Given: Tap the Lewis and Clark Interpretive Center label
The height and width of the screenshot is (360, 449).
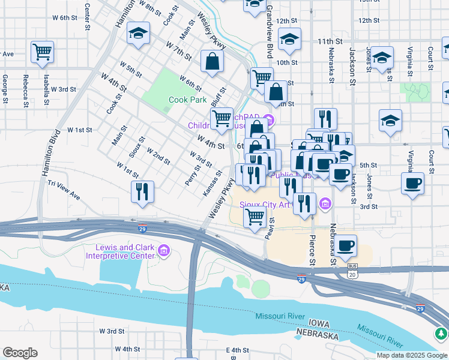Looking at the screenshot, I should coord(124,252).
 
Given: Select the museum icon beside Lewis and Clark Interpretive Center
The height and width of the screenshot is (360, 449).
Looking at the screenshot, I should coord(163,250).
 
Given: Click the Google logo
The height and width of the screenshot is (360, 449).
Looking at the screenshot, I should coord(20,353).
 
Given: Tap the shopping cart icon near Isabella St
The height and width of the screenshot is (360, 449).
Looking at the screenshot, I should coord(42,52).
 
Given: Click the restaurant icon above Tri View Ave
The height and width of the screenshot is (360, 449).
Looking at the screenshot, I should coord(142,191).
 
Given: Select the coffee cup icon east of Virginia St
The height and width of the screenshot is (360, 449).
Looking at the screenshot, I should coord(413,183).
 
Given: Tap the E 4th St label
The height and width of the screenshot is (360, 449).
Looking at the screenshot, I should coord(237,350).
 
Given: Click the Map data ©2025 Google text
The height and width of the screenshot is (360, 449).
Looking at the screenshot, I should coord(412,355).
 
